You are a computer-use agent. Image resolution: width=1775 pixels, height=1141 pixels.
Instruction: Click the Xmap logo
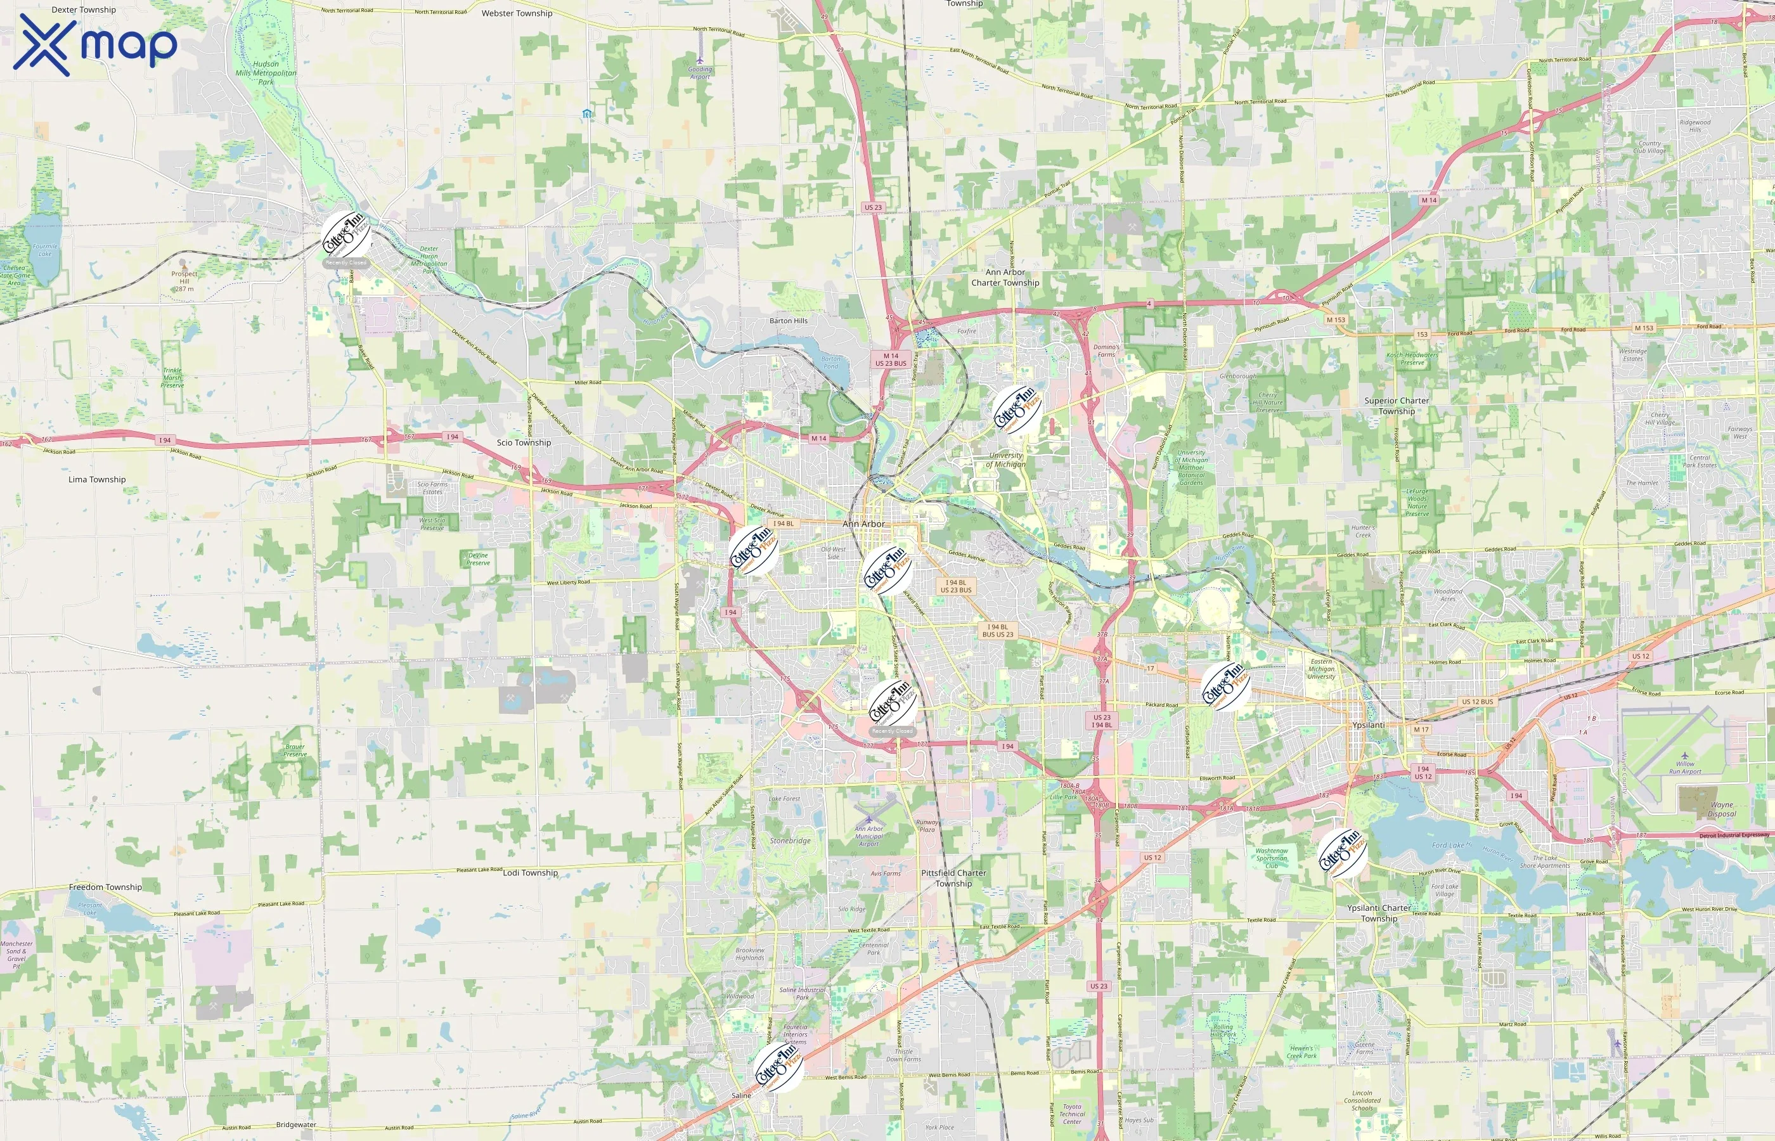95,44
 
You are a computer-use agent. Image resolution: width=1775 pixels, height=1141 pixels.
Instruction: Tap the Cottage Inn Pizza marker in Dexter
347,234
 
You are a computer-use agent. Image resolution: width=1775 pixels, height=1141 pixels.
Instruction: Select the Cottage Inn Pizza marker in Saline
778,1067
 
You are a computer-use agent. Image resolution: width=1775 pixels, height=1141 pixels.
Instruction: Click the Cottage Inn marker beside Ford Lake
1343,853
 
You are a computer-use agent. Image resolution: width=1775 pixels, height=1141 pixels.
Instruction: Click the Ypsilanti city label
1367,725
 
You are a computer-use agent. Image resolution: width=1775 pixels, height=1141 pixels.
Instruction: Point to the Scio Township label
524,442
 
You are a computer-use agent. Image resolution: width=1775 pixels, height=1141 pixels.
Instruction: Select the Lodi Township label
531,873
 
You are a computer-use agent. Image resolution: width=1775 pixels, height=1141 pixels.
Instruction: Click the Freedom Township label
105,887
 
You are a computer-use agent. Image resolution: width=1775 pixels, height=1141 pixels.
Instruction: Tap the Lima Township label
97,479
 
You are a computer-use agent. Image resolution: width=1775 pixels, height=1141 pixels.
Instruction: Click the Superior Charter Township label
1397,406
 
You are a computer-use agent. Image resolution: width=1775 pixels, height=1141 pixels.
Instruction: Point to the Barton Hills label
788,321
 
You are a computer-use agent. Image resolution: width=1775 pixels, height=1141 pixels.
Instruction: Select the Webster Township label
517,13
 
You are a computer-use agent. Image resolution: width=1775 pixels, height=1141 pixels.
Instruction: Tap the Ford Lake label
1449,846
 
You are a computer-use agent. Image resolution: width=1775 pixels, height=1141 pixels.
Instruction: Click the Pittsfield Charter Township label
953,878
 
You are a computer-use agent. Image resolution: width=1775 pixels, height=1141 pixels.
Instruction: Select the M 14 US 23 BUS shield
891,360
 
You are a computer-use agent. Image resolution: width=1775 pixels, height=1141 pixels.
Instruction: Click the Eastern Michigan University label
1322,669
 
